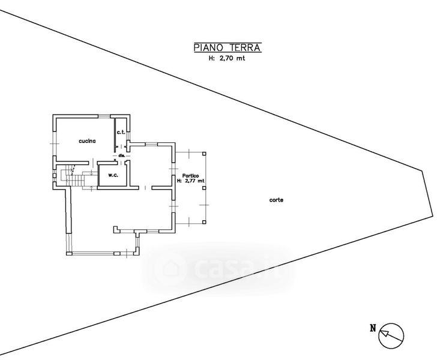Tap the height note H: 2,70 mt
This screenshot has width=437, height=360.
click(228, 58)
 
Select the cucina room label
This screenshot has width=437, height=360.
click(87, 140)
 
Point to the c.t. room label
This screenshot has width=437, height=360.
click(120, 132)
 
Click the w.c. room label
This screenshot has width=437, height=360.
click(112, 175)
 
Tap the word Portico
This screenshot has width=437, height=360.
click(191, 175)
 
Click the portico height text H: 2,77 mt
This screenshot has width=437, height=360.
click(194, 181)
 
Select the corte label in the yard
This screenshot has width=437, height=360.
click(277, 200)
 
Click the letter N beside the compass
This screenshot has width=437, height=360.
click(372, 328)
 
